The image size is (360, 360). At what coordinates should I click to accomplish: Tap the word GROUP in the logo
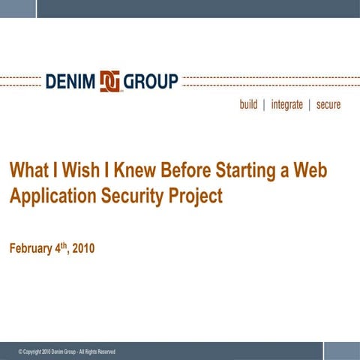tap(151, 80)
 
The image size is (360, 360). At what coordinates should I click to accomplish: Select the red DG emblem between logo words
tap(110, 80)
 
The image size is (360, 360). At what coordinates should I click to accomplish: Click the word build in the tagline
tap(248, 105)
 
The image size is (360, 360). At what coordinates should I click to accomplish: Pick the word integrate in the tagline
tap(286, 105)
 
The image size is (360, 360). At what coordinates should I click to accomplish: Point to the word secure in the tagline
tap(328, 105)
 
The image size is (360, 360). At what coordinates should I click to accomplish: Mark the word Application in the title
tap(49, 196)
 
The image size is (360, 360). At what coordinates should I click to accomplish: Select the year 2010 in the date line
tap(82, 248)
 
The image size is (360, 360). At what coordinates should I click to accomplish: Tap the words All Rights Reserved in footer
tap(95, 352)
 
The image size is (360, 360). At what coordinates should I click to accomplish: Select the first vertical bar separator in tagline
tap(264, 105)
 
